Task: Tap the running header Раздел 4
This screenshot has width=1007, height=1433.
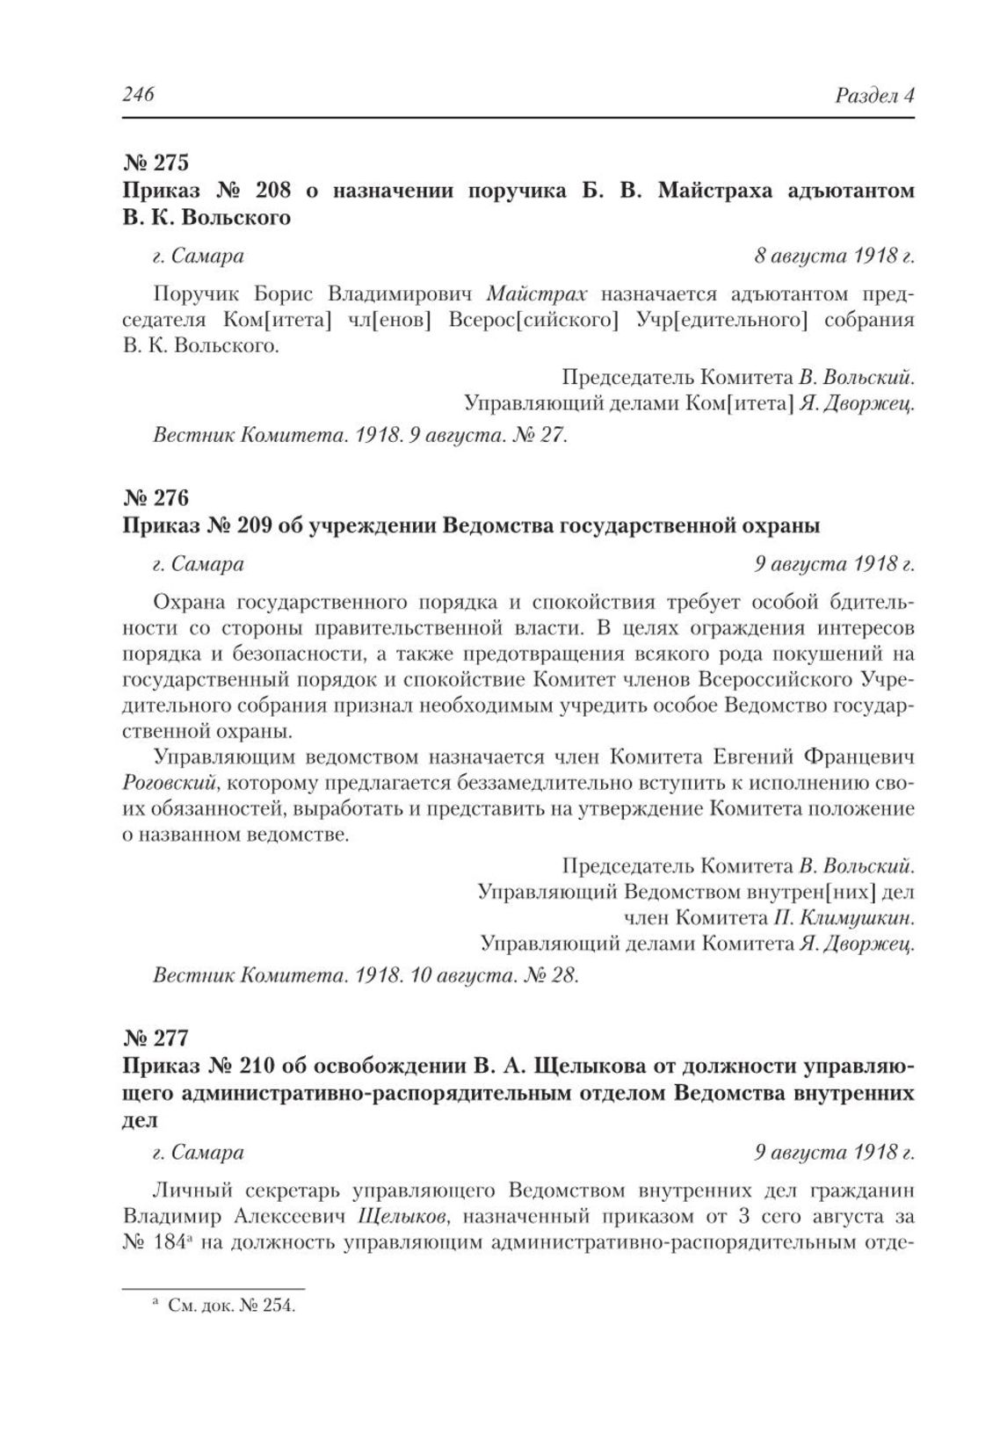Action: coord(874,95)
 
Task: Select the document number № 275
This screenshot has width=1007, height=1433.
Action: coord(156,163)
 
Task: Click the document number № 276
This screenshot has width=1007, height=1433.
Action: coord(156,498)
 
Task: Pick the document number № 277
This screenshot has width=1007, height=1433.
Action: coord(156,1038)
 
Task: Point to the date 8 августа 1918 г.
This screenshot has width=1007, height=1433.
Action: coord(834,256)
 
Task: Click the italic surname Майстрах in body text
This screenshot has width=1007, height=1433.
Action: coord(537,293)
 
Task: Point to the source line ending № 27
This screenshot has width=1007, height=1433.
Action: coord(359,435)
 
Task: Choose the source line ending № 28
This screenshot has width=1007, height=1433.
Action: coord(365,975)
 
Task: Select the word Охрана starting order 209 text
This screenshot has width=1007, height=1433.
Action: coord(190,602)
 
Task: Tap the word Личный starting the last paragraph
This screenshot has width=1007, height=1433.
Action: coord(192,1191)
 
